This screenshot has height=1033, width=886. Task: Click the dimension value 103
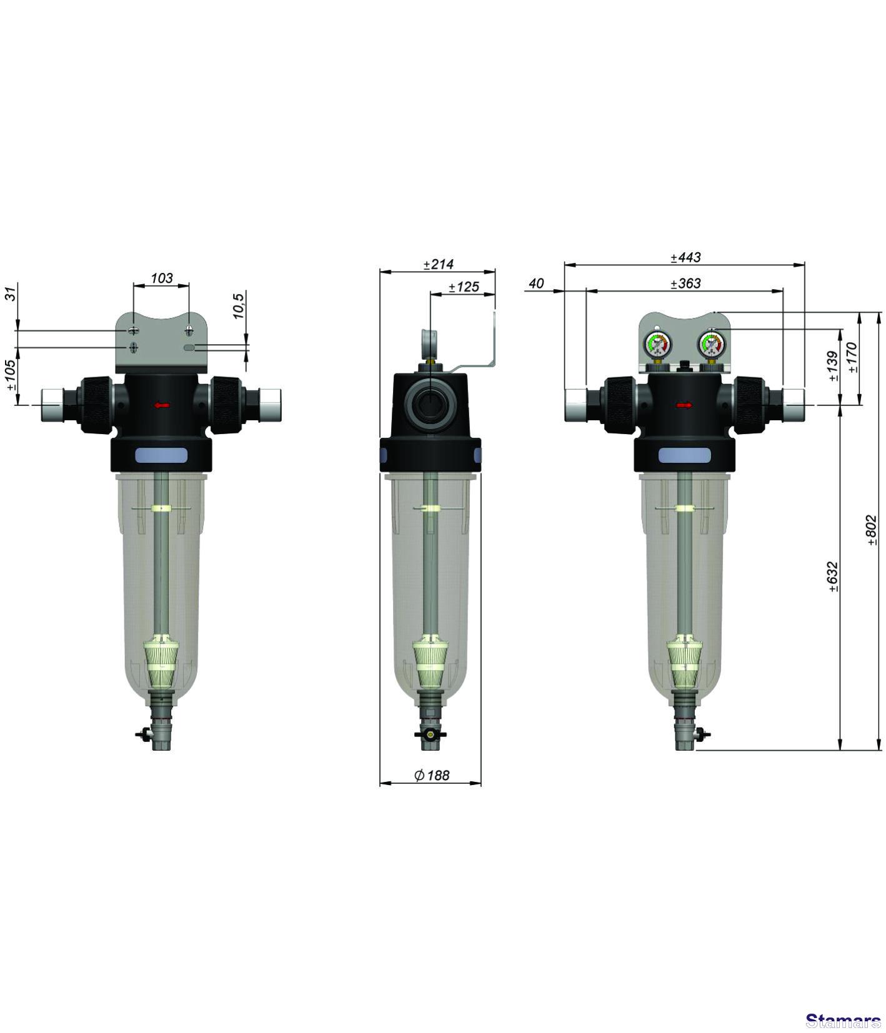(x=162, y=278)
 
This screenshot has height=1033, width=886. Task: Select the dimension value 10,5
(x=239, y=306)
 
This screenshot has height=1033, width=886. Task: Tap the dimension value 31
(x=11, y=293)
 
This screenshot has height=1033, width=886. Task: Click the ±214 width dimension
(x=439, y=264)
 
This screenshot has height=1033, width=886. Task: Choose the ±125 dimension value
(x=464, y=287)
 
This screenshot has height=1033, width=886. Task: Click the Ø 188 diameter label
(x=432, y=775)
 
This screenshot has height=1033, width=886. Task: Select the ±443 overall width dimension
(x=685, y=257)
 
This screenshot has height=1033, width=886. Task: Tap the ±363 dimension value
(x=685, y=284)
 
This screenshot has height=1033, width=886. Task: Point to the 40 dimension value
(x=536, y=284)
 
